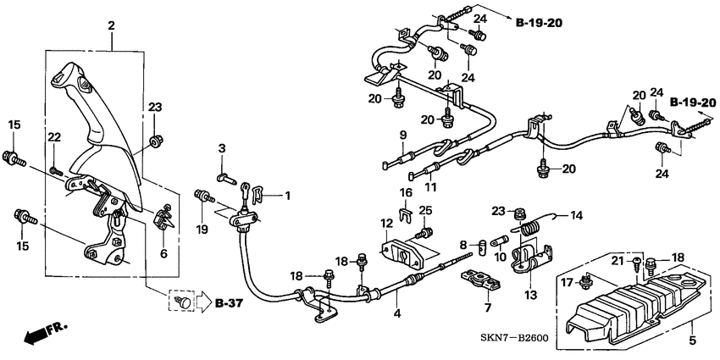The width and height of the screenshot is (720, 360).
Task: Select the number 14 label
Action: coord(575,215)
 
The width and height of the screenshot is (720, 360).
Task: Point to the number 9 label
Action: coord(403,136)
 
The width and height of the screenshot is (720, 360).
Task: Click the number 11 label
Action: coord(429,187)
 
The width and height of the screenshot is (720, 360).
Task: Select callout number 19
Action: coord(202,230)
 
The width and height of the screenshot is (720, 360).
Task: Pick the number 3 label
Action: coord(223,149)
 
